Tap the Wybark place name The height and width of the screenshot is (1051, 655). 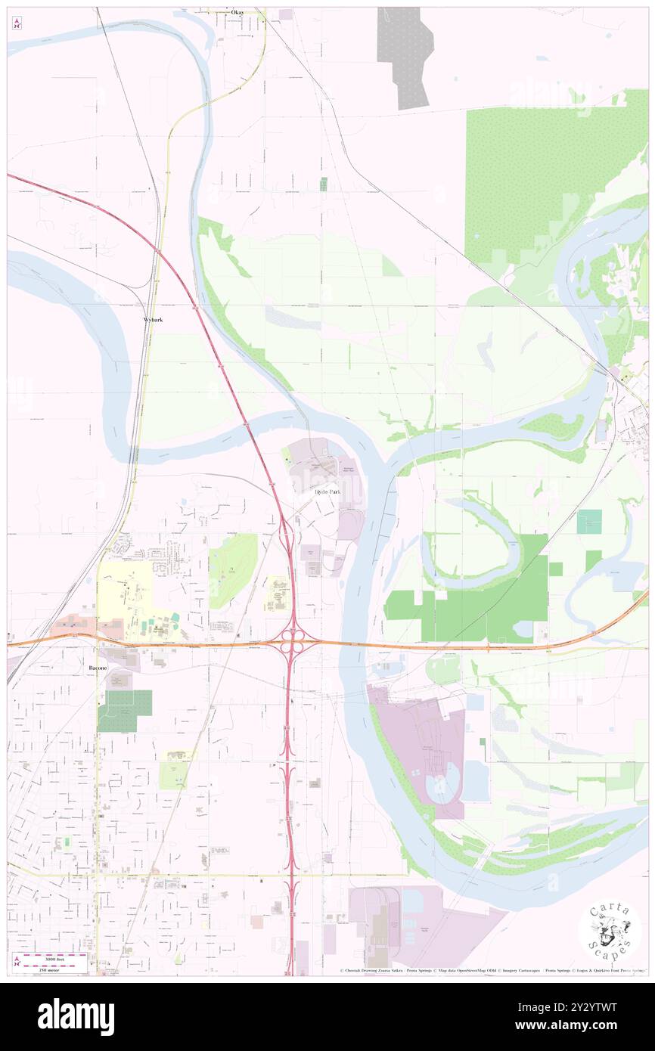[154, 320]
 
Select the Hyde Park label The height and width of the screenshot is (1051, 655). [327, 491]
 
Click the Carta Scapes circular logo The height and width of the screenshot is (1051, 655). [610, 932]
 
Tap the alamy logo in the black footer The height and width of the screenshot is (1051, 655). [76, 1017]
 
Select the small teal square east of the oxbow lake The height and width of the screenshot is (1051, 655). [589, 521]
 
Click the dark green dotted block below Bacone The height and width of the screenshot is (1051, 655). [125, 710]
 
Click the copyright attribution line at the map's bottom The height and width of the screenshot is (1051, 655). [492, 971]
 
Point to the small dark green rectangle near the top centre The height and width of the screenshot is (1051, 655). [323, 184]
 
